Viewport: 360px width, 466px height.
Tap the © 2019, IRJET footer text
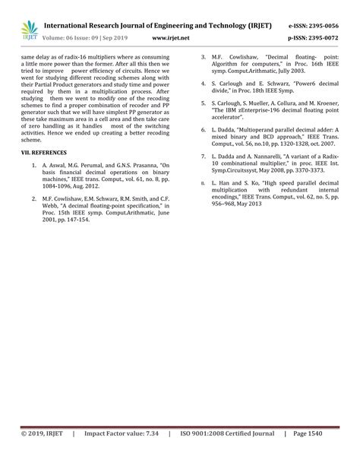click(x=37, y=455)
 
